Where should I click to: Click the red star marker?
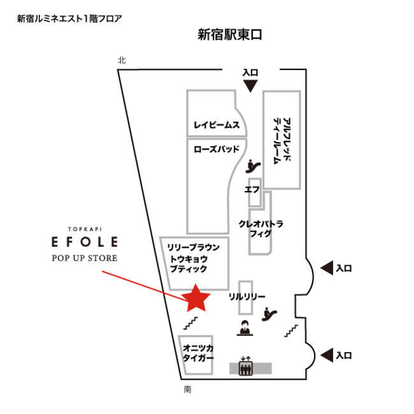(x=196, y=299)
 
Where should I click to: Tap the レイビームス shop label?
(x=217, y=125)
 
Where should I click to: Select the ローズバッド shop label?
(x=217, y=149)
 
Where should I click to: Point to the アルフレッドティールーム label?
(x=282, y=141)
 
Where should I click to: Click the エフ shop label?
(x=252, y=189)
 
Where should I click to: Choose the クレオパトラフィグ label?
(x=261, y=229)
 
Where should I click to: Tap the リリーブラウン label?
(x=194, y=247)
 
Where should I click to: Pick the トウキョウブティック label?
(x=189, y=264)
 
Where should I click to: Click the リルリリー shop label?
(x=247, y=297)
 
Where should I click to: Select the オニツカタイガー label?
(x=198, y=353)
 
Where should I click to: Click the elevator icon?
(x=246, y=366)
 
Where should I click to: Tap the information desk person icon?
(x=245, y=327)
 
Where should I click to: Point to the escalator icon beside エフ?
(x=253, y=166)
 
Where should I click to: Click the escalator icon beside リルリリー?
(x=269, y=314)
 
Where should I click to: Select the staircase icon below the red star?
(x=190, y=323)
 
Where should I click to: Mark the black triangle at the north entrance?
(x=250, y=87)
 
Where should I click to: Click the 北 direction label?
(x=122, y=61)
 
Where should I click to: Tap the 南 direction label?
(x=187, y=389)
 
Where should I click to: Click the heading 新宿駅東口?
(x=230, y=34)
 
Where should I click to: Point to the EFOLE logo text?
(x=85, y=242)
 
